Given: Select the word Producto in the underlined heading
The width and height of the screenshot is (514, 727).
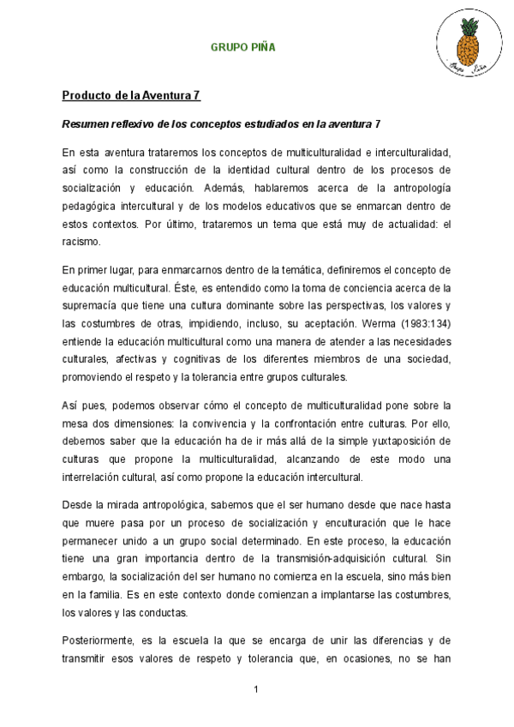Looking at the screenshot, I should [86, 94].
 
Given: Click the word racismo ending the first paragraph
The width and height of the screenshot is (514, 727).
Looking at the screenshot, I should [81, 242].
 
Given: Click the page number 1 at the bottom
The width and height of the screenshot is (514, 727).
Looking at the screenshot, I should [255, 690].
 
